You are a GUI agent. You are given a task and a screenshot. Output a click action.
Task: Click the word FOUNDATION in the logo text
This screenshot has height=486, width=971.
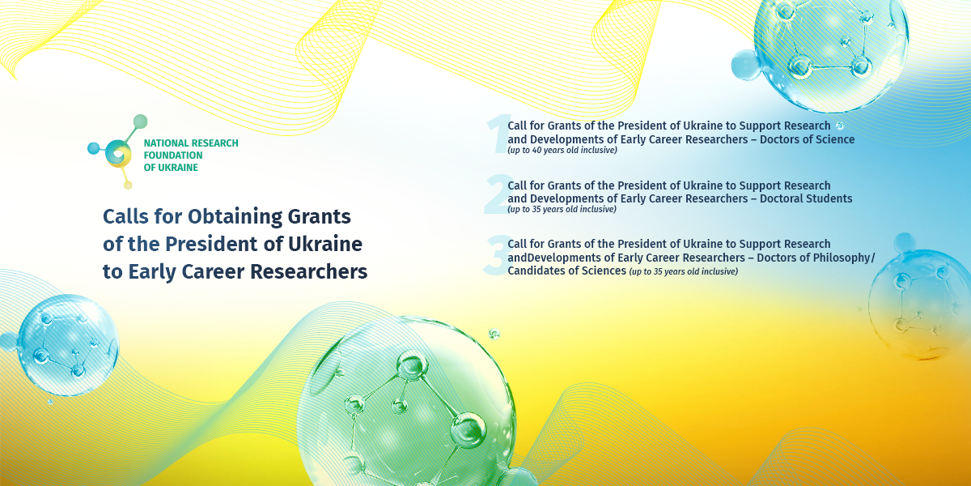[x=173, y=156]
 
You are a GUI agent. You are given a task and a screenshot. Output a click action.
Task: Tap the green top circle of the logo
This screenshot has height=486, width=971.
[x=140, y=122]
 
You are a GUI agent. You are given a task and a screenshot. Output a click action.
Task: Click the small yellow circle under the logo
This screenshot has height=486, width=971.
[x=128, y=185]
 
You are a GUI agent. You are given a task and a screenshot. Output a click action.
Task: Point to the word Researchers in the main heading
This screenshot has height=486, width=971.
[x=308, y=271]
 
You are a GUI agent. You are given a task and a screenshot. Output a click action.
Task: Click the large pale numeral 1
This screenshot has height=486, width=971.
[x=498, y=134]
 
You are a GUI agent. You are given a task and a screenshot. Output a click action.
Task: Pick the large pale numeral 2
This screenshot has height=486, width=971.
[x=498, y=194]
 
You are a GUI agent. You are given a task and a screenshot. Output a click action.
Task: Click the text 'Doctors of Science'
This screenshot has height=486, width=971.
[x=808, y=139]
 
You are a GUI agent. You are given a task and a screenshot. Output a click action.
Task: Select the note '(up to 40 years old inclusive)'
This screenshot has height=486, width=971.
[x=562, y=150]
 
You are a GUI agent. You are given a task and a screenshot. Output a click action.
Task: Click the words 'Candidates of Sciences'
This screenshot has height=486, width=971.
[x=567, y=271]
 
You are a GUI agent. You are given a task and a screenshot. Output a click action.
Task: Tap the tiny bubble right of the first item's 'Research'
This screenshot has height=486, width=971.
[x=840, y=126]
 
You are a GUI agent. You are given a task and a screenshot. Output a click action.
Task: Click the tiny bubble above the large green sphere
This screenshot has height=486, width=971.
[x=494, y=333]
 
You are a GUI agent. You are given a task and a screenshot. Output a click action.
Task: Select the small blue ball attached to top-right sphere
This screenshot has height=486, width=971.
[x=746, y=65]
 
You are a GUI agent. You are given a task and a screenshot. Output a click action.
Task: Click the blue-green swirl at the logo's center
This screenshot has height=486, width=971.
[x=118, y=154]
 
